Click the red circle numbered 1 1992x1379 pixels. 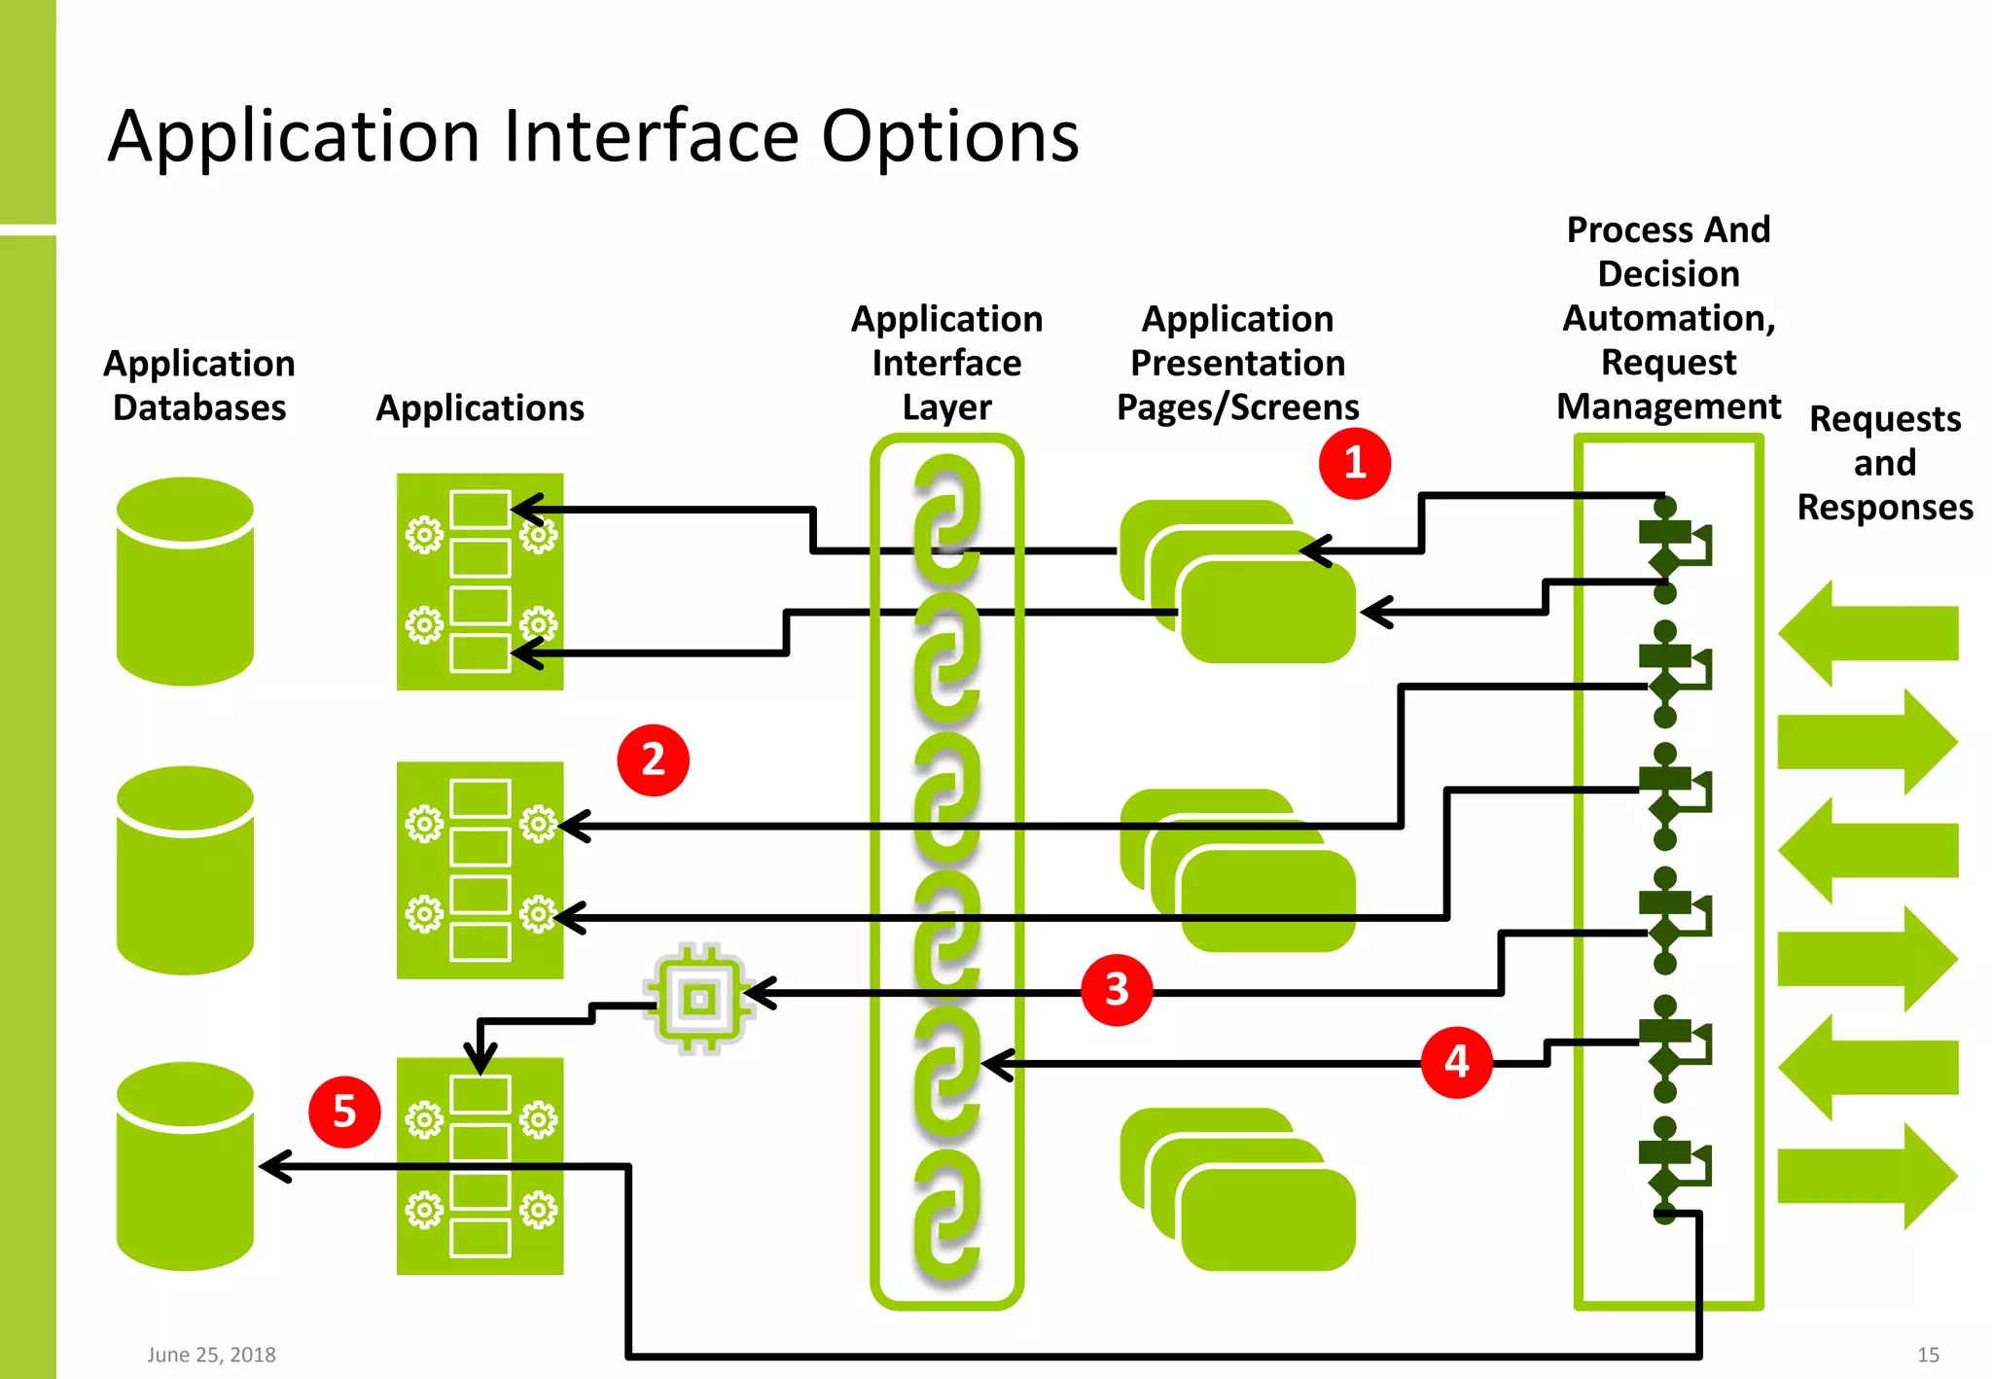(1354, 463)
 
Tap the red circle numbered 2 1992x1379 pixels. (653, 760)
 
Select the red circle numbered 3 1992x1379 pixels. (1117, 990)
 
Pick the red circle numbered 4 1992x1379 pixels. (1456, 1061)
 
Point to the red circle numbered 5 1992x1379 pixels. (344, 1112)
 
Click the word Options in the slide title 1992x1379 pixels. (949, 136)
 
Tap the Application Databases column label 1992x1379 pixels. (199, 385)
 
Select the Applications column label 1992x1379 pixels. (480, 407)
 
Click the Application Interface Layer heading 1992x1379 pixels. (946, 363)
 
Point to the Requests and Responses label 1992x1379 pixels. (1884, 463)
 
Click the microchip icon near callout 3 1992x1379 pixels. (699, 998)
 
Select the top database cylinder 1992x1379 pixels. (185, 582)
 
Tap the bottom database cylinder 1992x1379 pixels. (185, 1167)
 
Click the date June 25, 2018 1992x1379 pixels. (211, 1355)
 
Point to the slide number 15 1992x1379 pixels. (1928, 1355)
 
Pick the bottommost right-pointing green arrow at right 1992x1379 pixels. (1867, 1176)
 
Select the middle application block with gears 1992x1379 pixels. (480, 869)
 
